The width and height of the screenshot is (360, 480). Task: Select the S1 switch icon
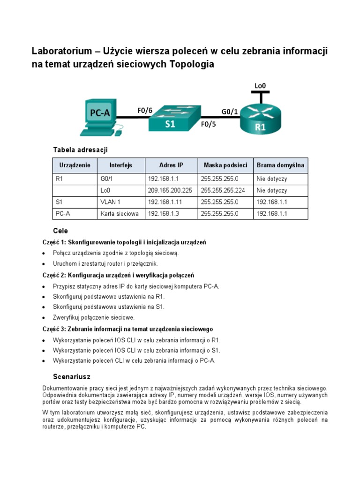(174, 117)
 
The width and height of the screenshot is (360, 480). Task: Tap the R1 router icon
(261, 118)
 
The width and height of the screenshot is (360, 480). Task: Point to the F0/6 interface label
(145, 111)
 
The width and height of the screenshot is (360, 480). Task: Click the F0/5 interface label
(209, 125)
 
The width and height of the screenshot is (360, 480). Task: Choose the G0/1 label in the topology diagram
(229, 111)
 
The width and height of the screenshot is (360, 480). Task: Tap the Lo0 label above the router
(261, 86)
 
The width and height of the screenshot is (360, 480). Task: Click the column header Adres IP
(171, 165)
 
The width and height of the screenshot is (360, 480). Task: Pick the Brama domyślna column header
(280, 165)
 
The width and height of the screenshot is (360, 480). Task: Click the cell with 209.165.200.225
(170, 191)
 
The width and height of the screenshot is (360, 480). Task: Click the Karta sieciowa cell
(120, 214)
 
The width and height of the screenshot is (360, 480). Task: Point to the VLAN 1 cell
(111, 202)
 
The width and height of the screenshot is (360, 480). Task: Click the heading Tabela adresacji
(81, 150)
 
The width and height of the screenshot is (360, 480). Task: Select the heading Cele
(60, 231)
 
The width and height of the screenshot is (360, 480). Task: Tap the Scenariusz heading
(71, 377)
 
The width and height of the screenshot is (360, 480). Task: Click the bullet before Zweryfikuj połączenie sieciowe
(44, 318)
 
